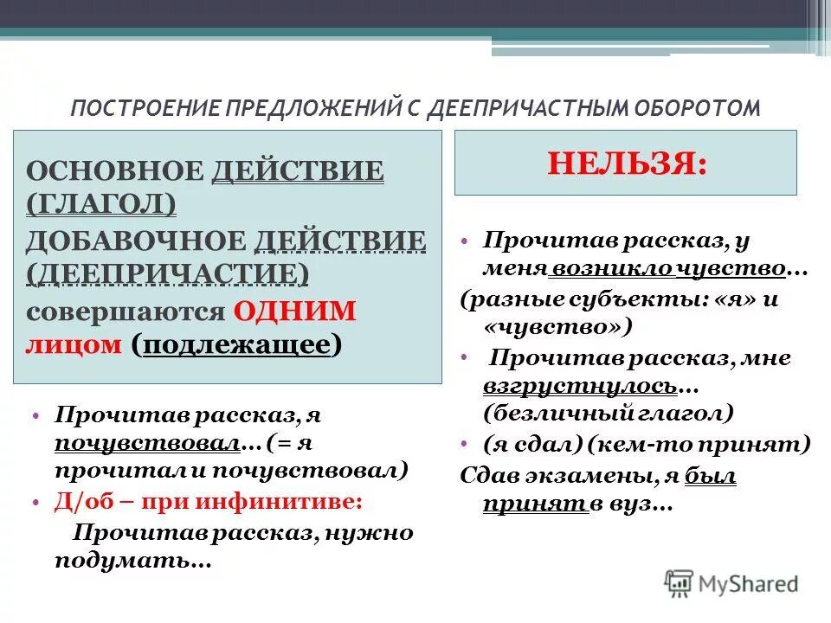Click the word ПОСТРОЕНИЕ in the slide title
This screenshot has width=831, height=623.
(x=145, y=108)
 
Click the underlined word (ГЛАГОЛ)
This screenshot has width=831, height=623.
(x=101, y=203)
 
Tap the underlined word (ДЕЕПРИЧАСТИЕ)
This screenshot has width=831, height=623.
(x=168, y=273)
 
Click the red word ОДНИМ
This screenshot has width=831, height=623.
(x=294, y=311)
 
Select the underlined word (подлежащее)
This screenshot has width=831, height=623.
(x=237, y=344)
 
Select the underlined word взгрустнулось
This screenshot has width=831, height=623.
(x=580, y=385)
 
